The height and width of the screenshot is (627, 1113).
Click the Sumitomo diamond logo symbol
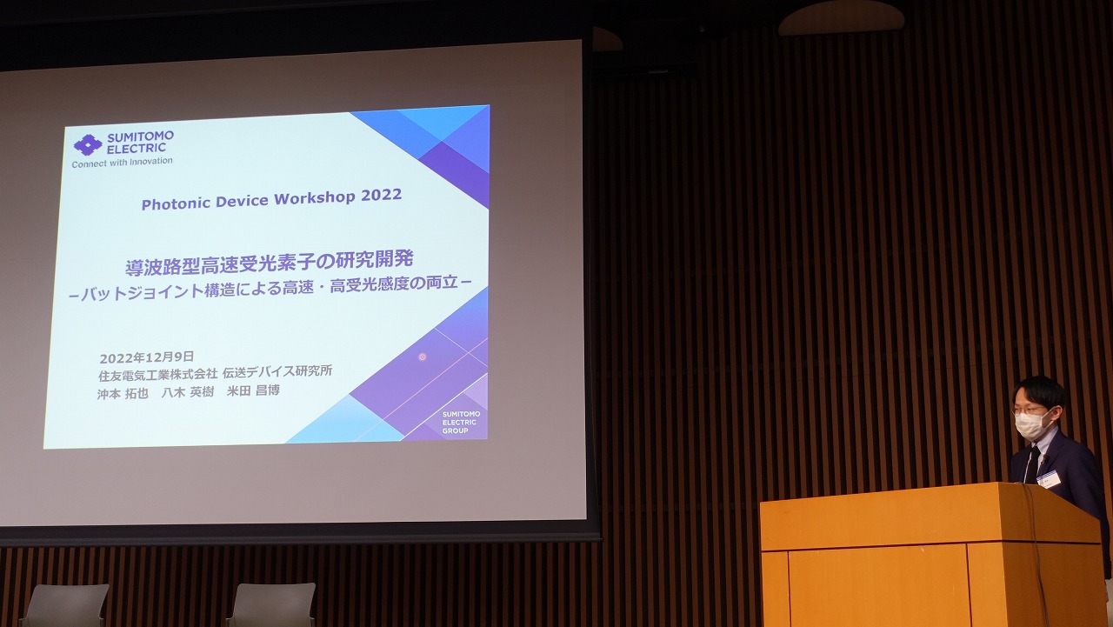(88, 144)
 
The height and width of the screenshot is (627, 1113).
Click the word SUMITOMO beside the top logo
(141, 137)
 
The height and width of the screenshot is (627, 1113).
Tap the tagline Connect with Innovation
(123, 163)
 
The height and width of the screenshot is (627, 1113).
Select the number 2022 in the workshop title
(381, 196)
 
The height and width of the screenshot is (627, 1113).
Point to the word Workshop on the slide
(315, 199)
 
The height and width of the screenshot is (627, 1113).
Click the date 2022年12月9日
(147, 357)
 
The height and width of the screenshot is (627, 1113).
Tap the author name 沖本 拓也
(123, 393)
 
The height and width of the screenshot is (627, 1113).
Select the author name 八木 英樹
(188, 392)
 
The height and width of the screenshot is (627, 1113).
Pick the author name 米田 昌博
(253, 390)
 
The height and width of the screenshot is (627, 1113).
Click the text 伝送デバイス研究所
(277, 371)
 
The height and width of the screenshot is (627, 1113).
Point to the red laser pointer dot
(423, 357)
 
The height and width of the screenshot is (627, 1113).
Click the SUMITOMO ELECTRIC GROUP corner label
(461, 423)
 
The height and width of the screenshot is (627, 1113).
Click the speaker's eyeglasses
(1027, 410)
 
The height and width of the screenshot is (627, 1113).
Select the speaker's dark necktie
(1033, 464)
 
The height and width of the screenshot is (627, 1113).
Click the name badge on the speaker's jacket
(1049, 479)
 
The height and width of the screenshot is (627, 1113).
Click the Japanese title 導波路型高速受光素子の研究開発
(270, 263)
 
